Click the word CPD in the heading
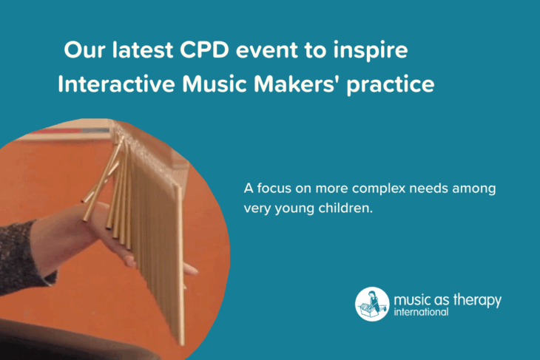[x=205, y=50]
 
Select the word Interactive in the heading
[x=116, y=84]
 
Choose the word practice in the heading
[x=391, y=85]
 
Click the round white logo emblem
[x=372, y=305]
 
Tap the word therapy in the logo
[x=477, y=300]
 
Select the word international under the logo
[x=421, y=312]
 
